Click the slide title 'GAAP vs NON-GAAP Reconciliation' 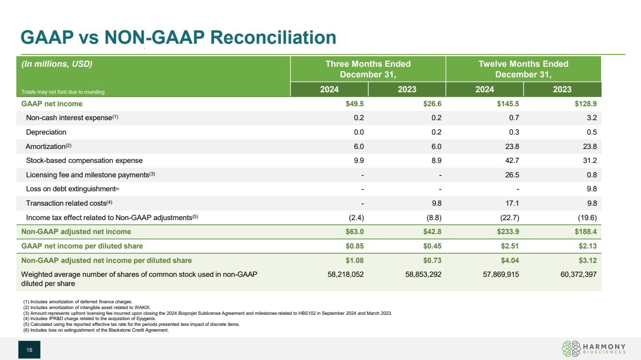[x=177, y=37]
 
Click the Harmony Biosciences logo [x=593, y=349]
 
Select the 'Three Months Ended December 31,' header [x=368, y=69]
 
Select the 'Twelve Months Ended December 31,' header [x=523, y=69]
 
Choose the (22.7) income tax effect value [x=509, y=217]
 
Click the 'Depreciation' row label [x=46, y=132]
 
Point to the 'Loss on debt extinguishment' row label [x=71, y=189]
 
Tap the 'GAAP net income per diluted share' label [x=82, y=246]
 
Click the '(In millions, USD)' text [x=57, y=64]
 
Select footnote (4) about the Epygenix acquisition [x=89, y=319]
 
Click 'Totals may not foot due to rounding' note [x=63, y=92]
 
